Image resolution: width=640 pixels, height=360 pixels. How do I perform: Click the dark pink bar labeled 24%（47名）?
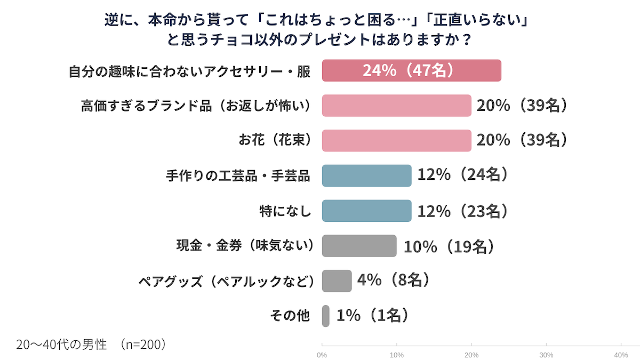click(x=411, y=70)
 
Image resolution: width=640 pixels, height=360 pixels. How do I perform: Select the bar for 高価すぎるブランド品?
click(x=396, y=106)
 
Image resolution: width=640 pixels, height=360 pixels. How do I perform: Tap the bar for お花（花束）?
click(x=396, y=141)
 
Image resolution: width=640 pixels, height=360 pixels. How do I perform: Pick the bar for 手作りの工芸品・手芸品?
click(x=366, y=175)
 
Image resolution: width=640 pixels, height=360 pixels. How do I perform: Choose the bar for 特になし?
click(x=366, y=211)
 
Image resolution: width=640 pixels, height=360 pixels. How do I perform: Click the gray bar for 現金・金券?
click(x=359, y=246)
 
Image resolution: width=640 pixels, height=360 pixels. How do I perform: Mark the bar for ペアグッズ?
click(x=337, y=281)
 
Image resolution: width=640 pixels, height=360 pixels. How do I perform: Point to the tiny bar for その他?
click(x=325, y=316)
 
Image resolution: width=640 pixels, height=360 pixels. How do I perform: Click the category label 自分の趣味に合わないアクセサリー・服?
click(x=189, y=71)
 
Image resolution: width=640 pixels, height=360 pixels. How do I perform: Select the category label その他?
click(x=290, y=316)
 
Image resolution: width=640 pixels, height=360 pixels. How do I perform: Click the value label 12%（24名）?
click(x=462, y=175)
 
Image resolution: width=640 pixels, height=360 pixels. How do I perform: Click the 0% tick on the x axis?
click(x=322, y=354)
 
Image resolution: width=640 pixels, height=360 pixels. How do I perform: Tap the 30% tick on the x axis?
click(x=546, y=354)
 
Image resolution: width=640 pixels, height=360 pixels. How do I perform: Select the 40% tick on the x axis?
click(x=621, y=354)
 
